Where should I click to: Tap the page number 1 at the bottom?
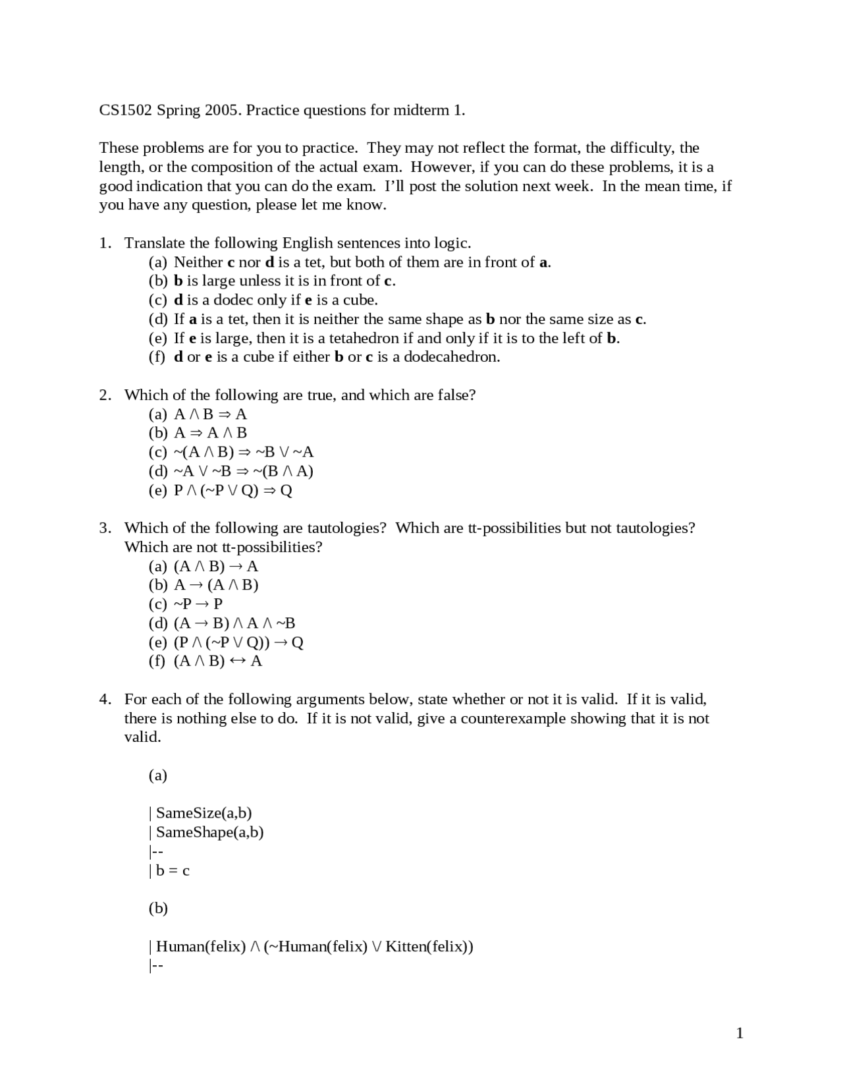(x=740, y=1033)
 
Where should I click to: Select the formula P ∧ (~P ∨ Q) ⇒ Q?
(x=232, y=490)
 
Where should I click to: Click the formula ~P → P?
(x=198, y=603)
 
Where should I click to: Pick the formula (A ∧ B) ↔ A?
(x=217, y=661)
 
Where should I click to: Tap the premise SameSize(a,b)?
(x=204, y=813)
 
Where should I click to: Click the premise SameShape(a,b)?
(x=209, y=832)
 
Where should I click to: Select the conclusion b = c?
(x=173, y=870)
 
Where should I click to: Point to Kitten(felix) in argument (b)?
(x=429, y=947)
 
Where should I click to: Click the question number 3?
(x=104, y=528)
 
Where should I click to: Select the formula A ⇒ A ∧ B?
(x=210, y=433)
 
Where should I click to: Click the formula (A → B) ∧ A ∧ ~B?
(x=234, y=623)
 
